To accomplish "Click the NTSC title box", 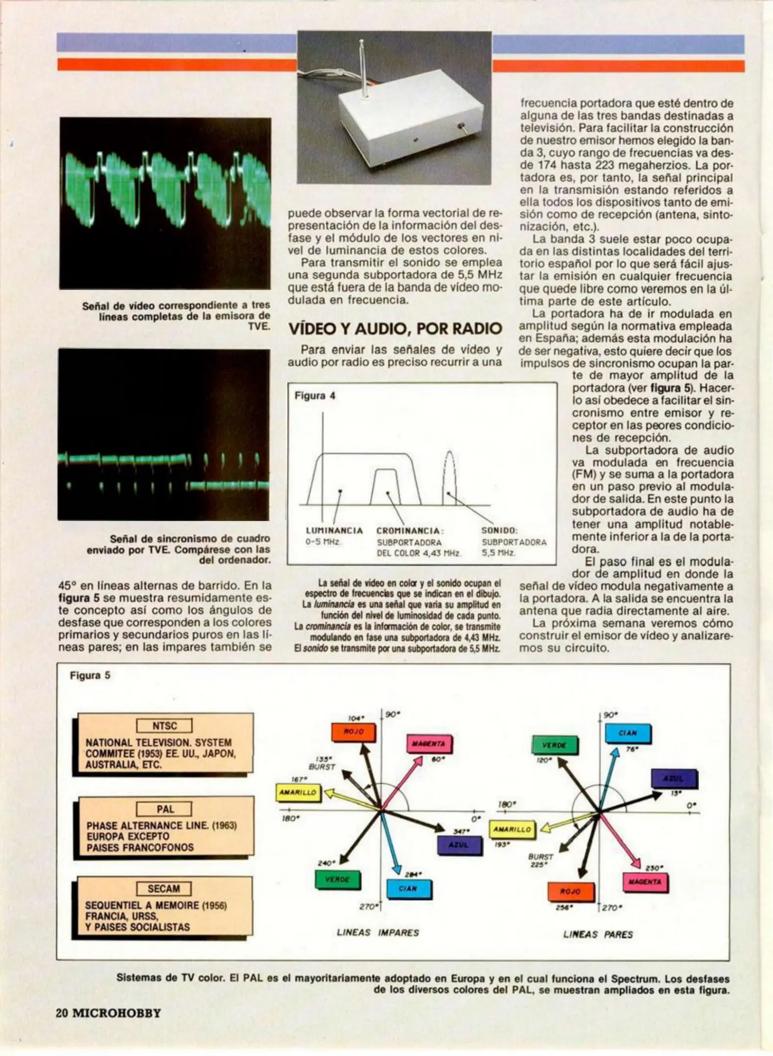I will [x=164, y=726].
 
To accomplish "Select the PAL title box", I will [x=164, y=809].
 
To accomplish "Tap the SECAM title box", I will [x=163, y=889].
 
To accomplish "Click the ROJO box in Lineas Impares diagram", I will [x=354, y=732].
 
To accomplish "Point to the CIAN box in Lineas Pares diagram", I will [x=628, y=733].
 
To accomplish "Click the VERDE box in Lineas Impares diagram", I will [x=337, y=880].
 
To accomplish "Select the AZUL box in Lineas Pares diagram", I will [x=674, y=779].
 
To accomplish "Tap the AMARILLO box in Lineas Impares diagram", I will [x=298, y=792].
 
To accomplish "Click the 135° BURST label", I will [x=322, y=763].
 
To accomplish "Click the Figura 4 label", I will [x=315, y=396].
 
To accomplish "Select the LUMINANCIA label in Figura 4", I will [x=334, y=530].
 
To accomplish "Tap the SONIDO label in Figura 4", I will [x=499, y=530].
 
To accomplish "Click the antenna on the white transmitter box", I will [x=362, y=68].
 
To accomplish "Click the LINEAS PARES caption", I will [x=598, y=934].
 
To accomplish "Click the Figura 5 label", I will [x=90, y=675].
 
